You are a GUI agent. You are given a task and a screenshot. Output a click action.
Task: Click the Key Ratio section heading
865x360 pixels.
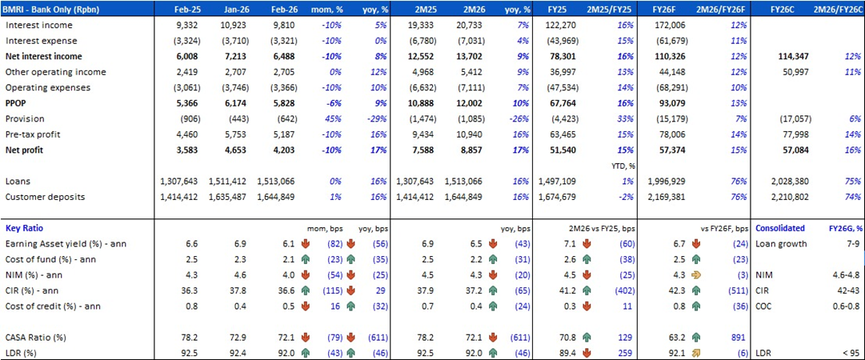click(26, 227)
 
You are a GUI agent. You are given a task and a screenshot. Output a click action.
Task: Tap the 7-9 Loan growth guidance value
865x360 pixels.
click(851, 242)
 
